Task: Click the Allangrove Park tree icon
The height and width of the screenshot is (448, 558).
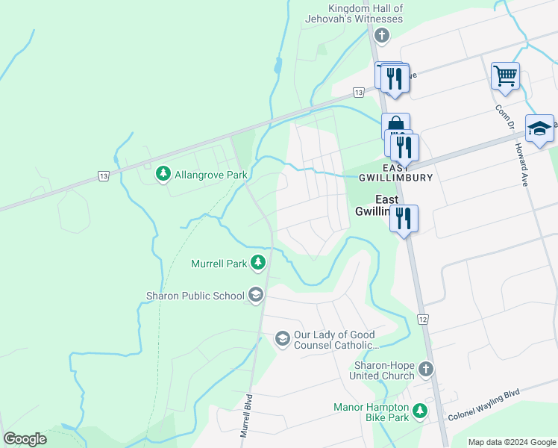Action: click(x=163, y=174)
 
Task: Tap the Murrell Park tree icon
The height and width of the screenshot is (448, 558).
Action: click(x=258, y=262)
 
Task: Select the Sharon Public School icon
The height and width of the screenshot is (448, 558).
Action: click(x=256, y=296)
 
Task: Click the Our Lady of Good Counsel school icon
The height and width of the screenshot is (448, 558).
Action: click(x=282, y=339)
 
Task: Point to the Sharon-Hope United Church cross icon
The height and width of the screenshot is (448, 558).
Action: click(x=425, y=369)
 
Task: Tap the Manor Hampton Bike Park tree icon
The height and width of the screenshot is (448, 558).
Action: click(x=420, y=411)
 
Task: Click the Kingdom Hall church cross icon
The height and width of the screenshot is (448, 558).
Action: click(x=382, y=35)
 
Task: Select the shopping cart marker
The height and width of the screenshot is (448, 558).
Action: click(x=505, y=75)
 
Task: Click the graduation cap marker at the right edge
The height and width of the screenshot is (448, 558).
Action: click(x=539, y=128)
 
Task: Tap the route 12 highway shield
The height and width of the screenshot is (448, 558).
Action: click(x=422, y=320)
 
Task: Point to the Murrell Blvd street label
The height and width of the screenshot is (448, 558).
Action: click(x=245, y=416)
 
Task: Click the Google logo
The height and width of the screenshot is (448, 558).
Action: click(x=25, y=439)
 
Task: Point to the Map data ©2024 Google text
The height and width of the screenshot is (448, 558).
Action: click(x=512, y=442)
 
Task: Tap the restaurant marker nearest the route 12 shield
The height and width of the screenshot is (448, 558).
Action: click(x=403, y=218)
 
